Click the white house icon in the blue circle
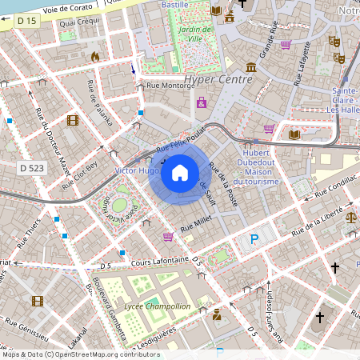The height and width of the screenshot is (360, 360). point(180,172)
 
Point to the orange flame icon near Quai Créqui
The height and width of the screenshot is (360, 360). point(95,57)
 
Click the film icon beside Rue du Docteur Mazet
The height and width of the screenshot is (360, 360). point(74,121)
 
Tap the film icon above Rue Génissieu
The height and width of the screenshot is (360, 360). point(37,301)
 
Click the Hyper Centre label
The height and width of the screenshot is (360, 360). point(218,79)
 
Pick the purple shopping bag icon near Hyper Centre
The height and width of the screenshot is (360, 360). point(202,102)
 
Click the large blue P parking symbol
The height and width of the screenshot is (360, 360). point(254,239)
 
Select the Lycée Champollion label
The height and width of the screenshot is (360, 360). point(158,306)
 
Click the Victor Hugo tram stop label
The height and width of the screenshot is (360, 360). point(137,171)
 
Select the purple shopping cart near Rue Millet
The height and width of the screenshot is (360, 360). point(168,237)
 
